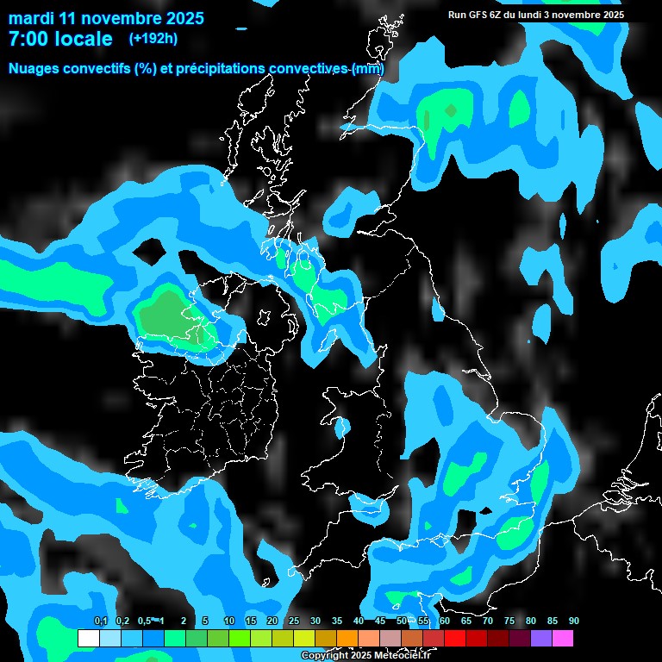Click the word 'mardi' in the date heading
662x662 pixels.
point(30,18)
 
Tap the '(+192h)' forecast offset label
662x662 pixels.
point(153,38)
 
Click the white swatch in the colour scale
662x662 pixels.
point(88,639)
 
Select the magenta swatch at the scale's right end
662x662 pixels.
point(563,639)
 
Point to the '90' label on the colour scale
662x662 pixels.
point(573,621)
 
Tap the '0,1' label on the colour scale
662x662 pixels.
point(101,621)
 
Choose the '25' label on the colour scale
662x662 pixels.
point(293,621)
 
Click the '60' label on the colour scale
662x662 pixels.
point(444,621)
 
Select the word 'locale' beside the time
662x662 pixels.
point(83,39)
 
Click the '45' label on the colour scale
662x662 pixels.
point(379,621)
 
